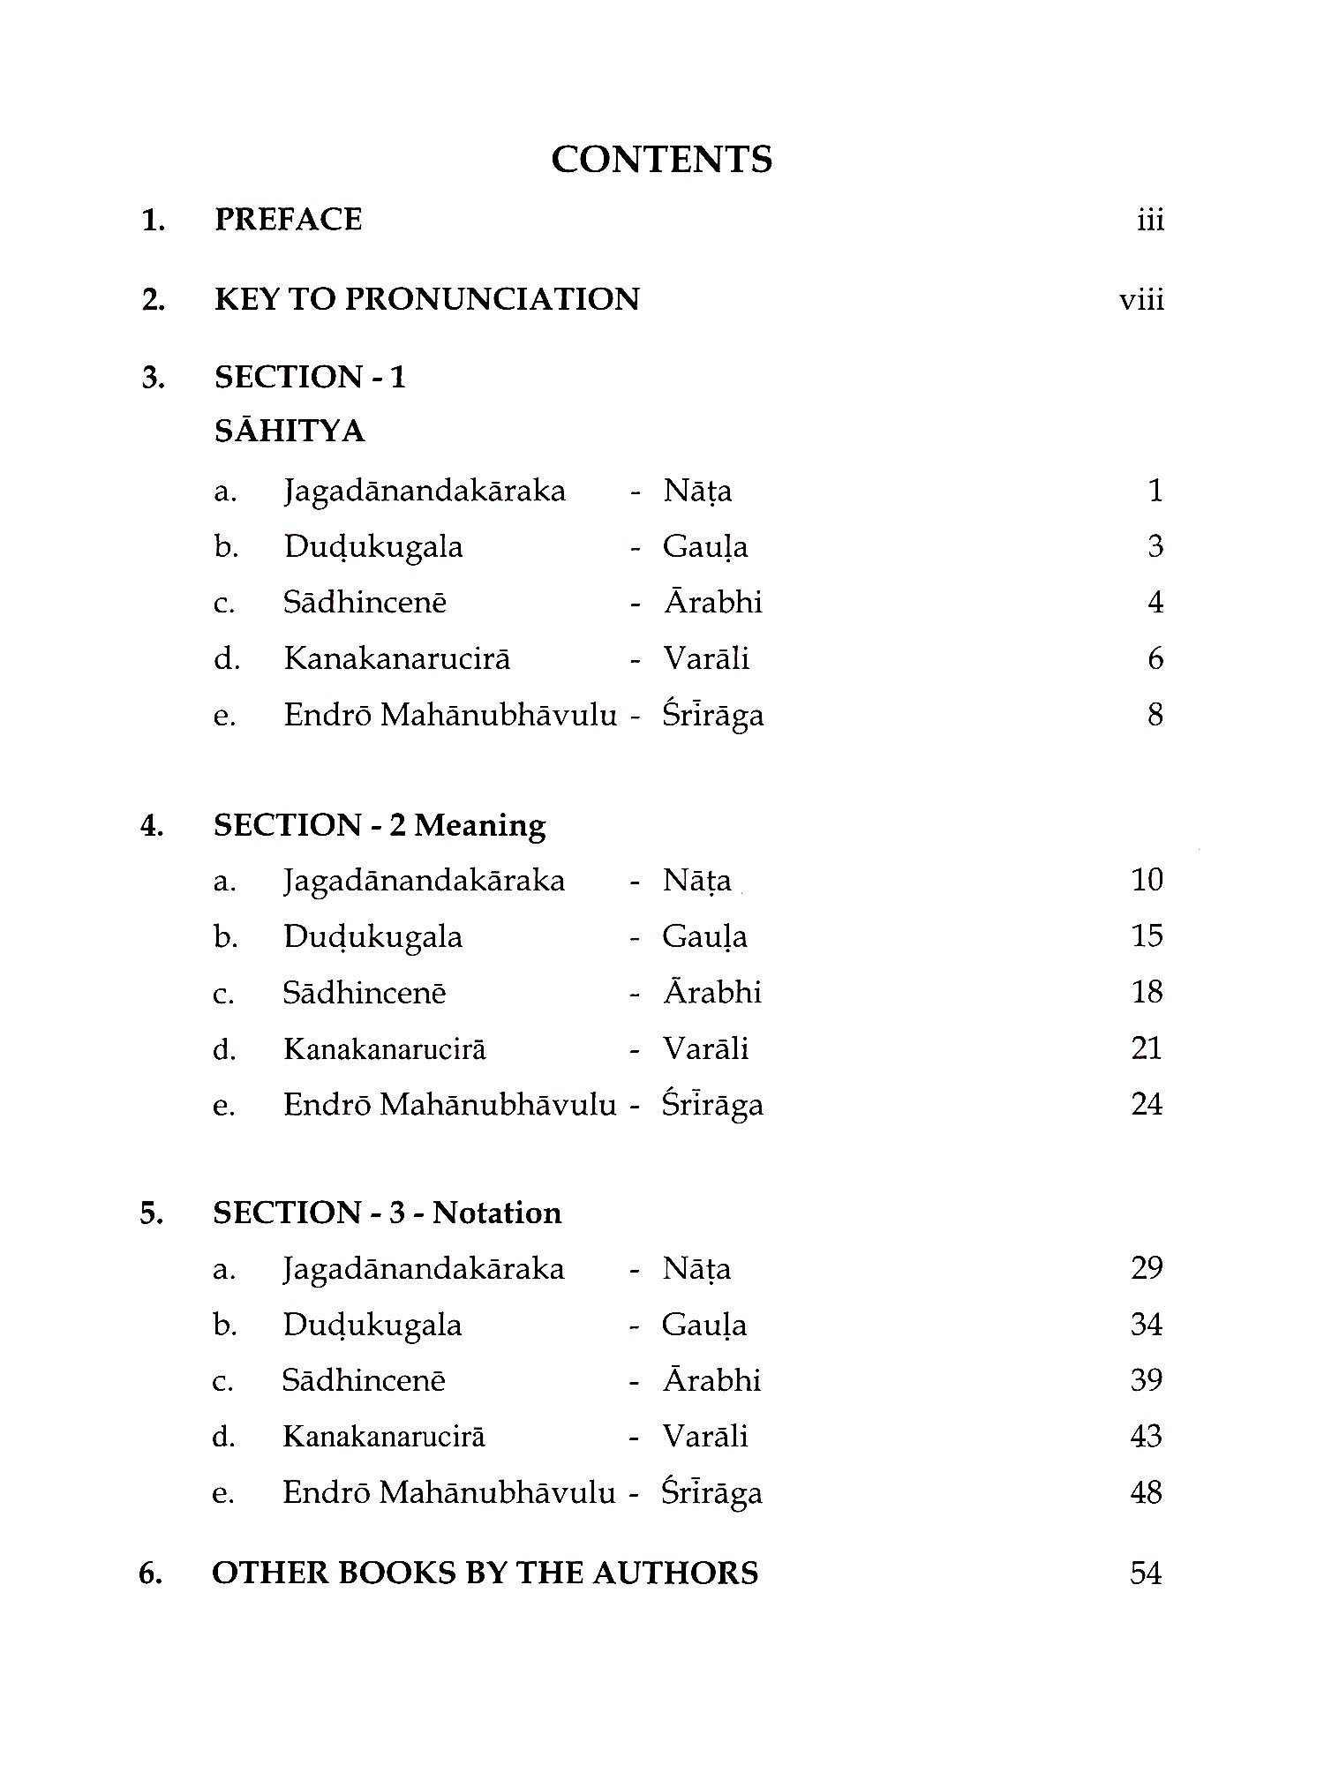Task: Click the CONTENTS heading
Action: pyautogui.click(x=662, y=160)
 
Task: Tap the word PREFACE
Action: pyautogui.click(x=288, y=220)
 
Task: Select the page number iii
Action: pyautogui.click(x=1150, y=220)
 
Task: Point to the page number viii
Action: pyautogui.click(x=1141, y=300)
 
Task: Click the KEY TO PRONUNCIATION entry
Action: pyautogui.click(x=426, y=299)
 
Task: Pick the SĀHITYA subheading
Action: pyautogui.click(x=290, y=431)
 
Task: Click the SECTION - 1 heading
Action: pyautogui.click(x=310, y=378)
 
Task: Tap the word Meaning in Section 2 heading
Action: pyautogui.click(x=480, y=825)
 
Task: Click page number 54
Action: pyautogui.click(x=1146, y=1573)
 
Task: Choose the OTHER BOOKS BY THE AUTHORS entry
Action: pyautogui.click(x=485, y=1573)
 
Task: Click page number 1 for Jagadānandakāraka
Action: pyautogui.click(x=1155, y=490)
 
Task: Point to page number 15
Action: pyautogui.click(x=1147, y=935)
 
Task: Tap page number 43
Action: pyautogui.click(x=1146, y=1436)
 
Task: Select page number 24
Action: pyautogui.click(x=1147, y=1104)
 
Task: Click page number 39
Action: pyautogui.click(x=1147, y=1380)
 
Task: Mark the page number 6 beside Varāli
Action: pyautogui.click(x=1155, y=658)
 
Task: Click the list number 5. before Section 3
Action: pyautogui.click(x=151, y=1213)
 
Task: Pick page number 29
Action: pyautogui.click(x=1147, y=1268)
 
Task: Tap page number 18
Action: pyautogui.click(x=1147, y=992)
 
